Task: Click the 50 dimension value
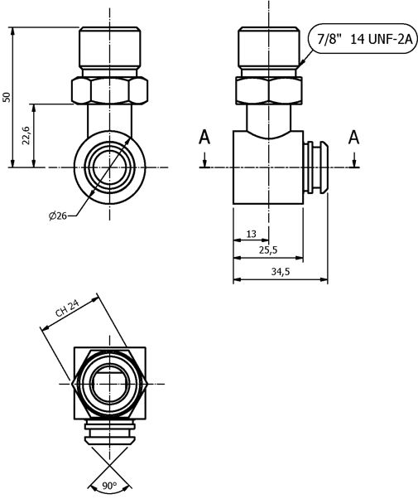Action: click(7, 97)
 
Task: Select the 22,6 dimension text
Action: click(26, 135)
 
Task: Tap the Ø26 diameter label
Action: click(58, 216)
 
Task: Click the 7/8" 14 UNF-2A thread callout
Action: click(365, 40)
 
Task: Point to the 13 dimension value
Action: click(251, 234)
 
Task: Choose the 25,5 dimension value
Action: click(268, 250)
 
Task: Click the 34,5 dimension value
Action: click(281, 272)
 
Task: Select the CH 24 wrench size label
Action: click(67, 308)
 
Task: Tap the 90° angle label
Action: click(109, 486)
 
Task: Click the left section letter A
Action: click(204, 138)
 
